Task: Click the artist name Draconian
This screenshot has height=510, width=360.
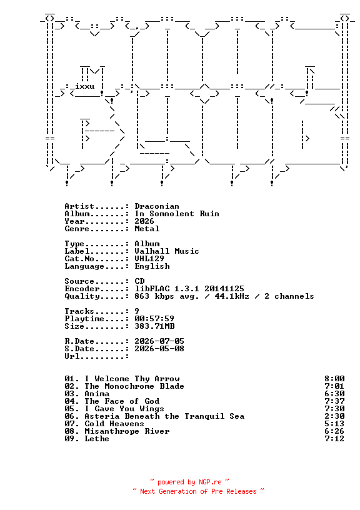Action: (157, 206)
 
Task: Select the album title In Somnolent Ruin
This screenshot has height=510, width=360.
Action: (177, 214)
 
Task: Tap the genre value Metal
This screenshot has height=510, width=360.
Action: (147, 229)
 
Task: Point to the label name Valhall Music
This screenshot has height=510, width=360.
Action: (167, 251)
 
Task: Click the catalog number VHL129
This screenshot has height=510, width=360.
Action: (149, 259)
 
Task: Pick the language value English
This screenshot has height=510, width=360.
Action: (152, 266)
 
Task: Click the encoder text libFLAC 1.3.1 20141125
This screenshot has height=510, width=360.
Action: (189, 289)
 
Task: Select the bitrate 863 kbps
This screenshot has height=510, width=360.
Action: (154, 296)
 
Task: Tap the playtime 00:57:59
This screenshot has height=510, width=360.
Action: (154, 318)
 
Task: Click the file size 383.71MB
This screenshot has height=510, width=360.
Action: (154, 326)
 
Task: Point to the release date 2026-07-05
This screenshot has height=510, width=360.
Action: (159, 341)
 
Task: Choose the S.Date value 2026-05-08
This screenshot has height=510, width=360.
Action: (159, 348)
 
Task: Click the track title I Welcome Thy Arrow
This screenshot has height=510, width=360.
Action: (132, 379)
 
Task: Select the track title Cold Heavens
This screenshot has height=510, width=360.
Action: (114, 424)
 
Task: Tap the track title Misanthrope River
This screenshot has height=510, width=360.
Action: (127, 431)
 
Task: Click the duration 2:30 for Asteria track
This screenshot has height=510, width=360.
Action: (334, 416)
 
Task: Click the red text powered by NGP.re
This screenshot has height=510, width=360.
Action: (189, 482)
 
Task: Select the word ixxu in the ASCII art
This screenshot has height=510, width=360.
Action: (84, 86)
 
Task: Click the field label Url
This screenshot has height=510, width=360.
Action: (72, 356)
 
